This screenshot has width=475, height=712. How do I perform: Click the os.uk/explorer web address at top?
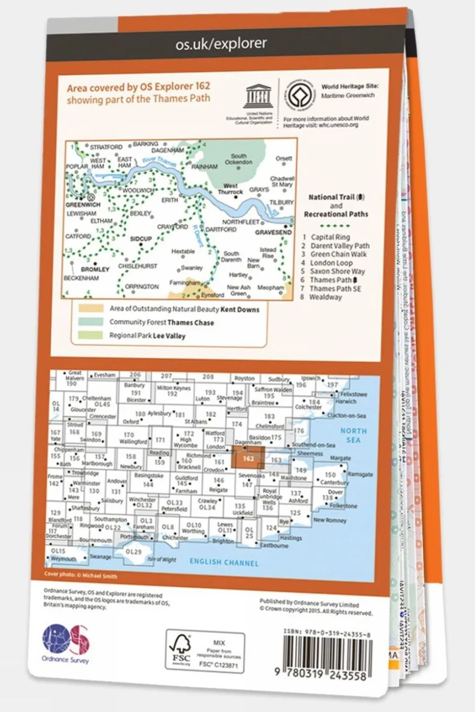click(221, 44)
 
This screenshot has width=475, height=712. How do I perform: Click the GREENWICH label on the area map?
click(83, 204)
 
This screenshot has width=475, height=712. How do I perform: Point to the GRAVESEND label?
click(273, 232)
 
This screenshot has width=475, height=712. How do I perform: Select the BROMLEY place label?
click(95, 270)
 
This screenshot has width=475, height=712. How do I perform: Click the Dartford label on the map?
click(221, 230)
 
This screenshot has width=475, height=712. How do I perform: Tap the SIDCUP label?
click(141, 239)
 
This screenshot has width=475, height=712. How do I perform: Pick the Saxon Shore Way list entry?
click(337, 271)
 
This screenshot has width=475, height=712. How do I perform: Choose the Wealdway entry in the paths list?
click(325, 297)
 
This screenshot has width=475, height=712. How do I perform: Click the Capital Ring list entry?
click(329, 237)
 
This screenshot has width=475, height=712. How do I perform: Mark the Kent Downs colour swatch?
click(91, 308)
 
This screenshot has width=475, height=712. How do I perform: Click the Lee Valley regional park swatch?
click(91, 335)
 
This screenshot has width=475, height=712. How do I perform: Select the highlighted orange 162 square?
click(248, 458)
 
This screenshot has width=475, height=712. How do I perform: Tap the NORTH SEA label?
click(353, 435)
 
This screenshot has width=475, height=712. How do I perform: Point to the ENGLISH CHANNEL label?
click(224, 562)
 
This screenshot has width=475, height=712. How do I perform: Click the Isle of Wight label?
click(162, 560)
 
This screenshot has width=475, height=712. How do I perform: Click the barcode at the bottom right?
click(327, 653)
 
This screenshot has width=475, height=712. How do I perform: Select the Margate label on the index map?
click(340, 458)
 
